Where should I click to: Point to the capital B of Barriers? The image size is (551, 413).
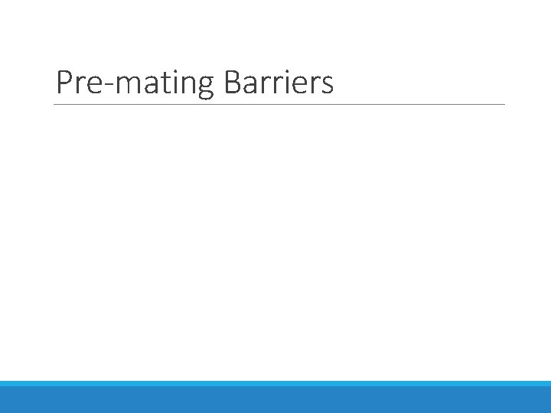[x=233, y=83]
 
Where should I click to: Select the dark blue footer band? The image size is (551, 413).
[x=275, y=400]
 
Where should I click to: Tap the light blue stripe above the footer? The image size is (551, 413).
[x=275, y=383]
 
